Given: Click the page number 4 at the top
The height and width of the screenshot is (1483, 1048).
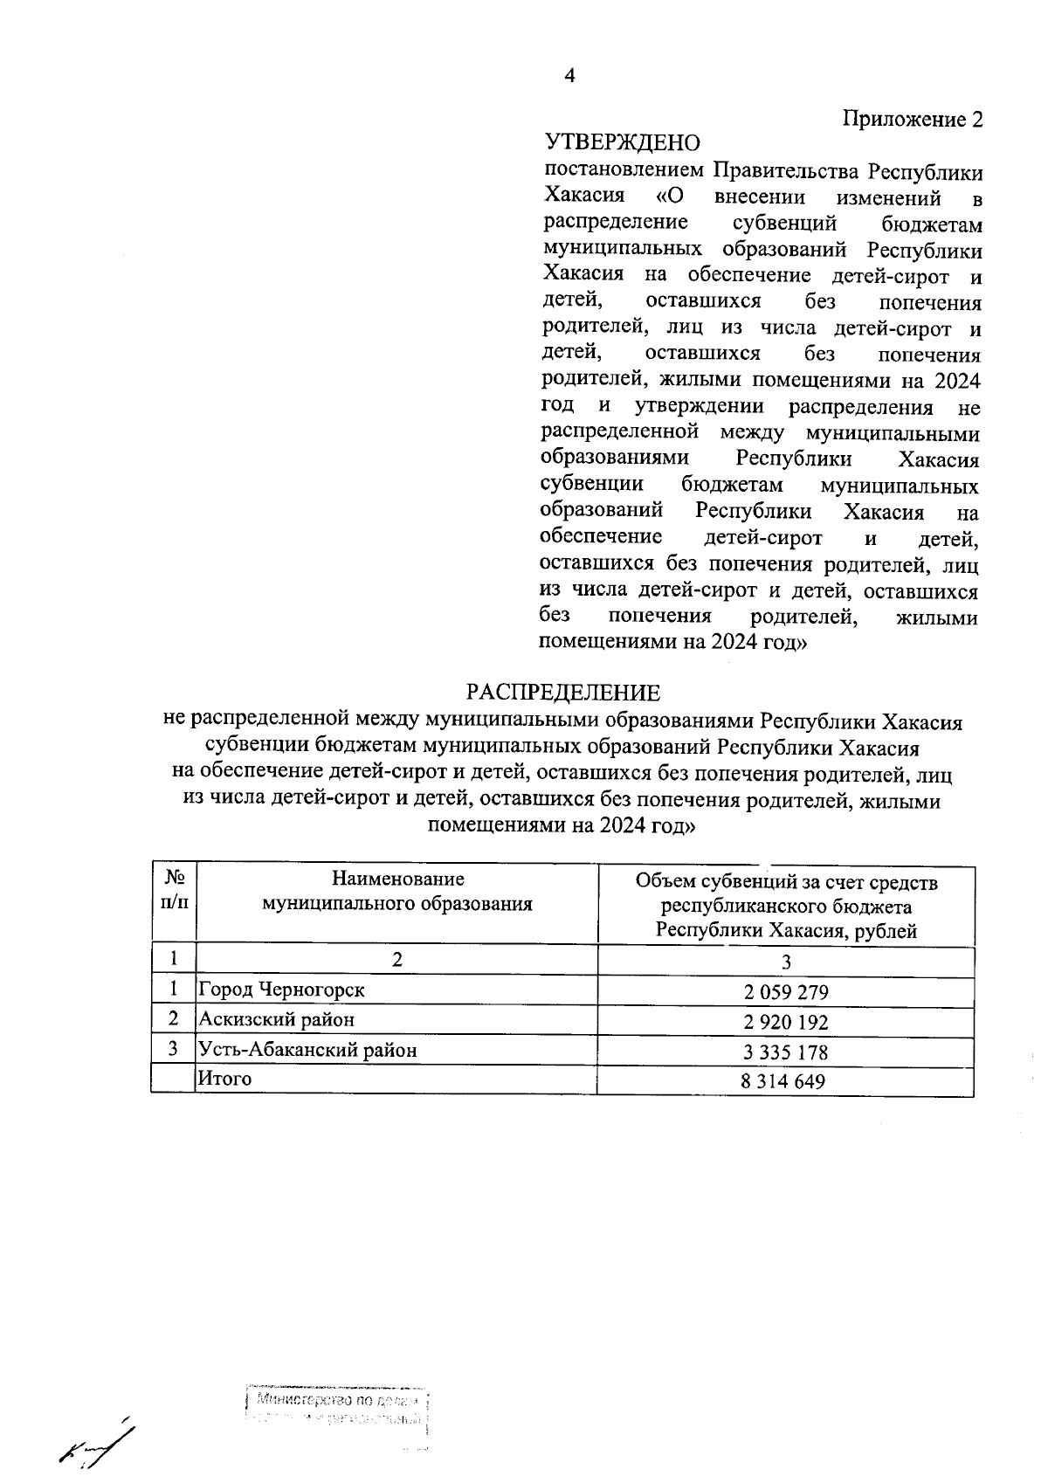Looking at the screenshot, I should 569,75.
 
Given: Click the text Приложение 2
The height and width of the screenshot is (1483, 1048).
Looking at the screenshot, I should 912,120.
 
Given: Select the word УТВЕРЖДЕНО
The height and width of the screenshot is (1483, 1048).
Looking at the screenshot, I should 622,142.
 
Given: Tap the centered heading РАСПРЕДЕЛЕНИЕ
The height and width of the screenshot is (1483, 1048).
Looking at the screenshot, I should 562,693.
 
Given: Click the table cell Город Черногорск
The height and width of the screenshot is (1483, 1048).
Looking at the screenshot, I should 281,990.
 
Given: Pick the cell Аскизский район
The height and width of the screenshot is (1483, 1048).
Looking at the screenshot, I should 276,1019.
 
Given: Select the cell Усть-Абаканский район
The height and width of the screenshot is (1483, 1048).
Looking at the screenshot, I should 307,1050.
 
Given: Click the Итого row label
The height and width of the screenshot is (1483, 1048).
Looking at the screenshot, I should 224,1079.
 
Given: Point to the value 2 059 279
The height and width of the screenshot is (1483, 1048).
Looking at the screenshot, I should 785,992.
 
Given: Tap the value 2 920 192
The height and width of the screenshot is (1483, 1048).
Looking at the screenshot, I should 785,1022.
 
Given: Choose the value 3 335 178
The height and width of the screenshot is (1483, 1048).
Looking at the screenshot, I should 785,1052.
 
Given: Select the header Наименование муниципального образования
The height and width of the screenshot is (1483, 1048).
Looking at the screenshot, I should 397,892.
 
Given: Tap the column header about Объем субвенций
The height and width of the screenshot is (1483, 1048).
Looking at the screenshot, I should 786,906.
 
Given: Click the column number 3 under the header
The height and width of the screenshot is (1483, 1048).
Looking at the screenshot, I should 785,962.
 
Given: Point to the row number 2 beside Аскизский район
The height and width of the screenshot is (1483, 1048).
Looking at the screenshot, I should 174,1019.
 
